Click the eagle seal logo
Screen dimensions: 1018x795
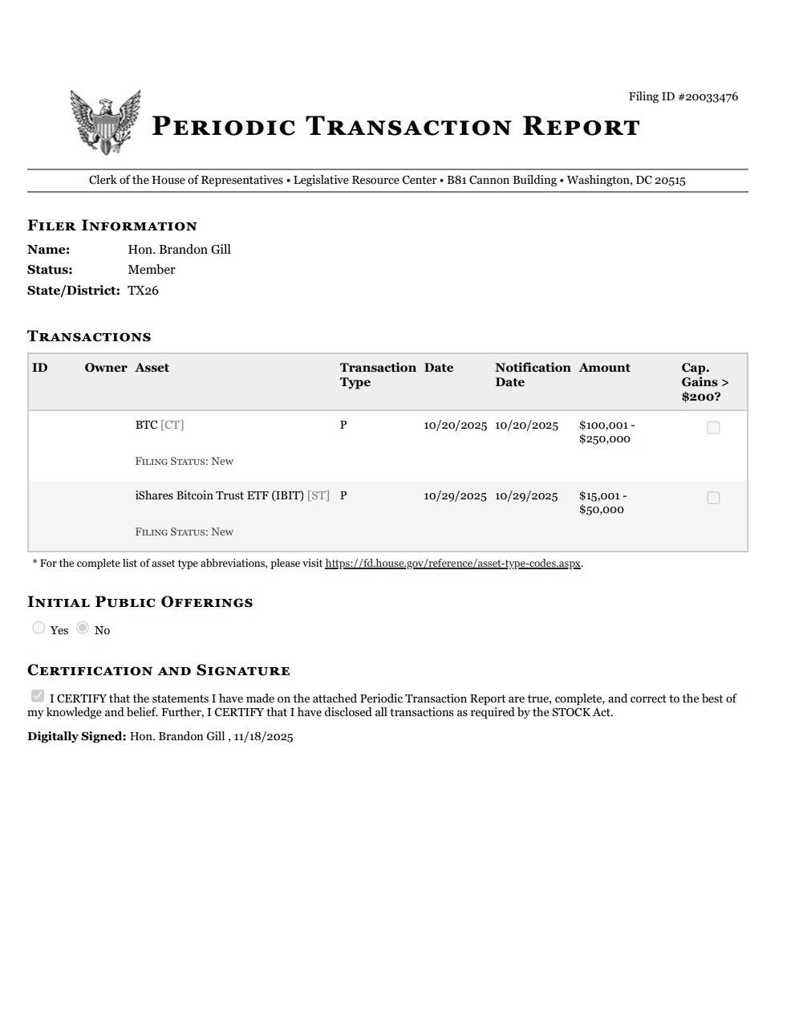coord(105,122)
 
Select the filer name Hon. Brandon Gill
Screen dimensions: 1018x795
coord(179,250)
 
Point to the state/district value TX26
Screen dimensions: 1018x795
coord(143,291)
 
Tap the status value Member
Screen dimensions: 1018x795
coord(151,270)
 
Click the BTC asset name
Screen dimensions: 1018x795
coord(146,425)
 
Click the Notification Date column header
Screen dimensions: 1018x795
coord(532,375)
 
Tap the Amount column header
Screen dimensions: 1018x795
coord(604,368)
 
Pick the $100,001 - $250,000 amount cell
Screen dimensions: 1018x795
coord(606,432)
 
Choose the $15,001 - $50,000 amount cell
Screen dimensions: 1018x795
coord(602,503)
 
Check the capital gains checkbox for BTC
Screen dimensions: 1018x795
coord(713,428)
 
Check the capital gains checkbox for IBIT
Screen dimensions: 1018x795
coord(713,499)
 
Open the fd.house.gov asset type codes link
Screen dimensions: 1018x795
coord(452,564)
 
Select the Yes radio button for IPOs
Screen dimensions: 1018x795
coord(39,628)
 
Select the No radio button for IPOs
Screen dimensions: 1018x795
coord(83,628)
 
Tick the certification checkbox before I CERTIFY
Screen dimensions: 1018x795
coord(37,696)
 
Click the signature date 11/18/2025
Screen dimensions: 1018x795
coord(263,736)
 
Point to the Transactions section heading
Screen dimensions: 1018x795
coord(89,336)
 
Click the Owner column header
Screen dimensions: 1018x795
coord(105,368)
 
